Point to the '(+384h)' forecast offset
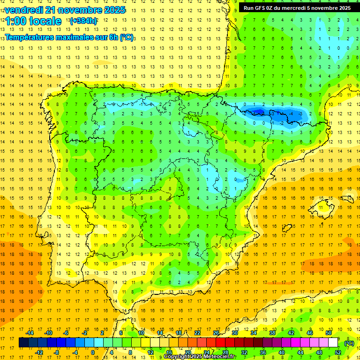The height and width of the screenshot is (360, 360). coord(83,21)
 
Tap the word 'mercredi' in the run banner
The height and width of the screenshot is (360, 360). coord(302,8)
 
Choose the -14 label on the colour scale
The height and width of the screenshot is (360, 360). coord(30,333)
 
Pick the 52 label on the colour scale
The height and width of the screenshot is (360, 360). coord(338,352)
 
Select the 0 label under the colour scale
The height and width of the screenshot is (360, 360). coord(93,352)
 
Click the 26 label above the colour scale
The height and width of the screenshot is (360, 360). coord(216,333)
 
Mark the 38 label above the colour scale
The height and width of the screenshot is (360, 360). coord(272,333)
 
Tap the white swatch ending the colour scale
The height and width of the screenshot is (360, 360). coord(333,343)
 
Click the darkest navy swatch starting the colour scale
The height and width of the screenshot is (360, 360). coord(23,343)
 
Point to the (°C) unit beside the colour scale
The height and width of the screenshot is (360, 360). coord(349,343)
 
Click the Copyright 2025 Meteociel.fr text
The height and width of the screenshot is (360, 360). coord(200,357)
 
